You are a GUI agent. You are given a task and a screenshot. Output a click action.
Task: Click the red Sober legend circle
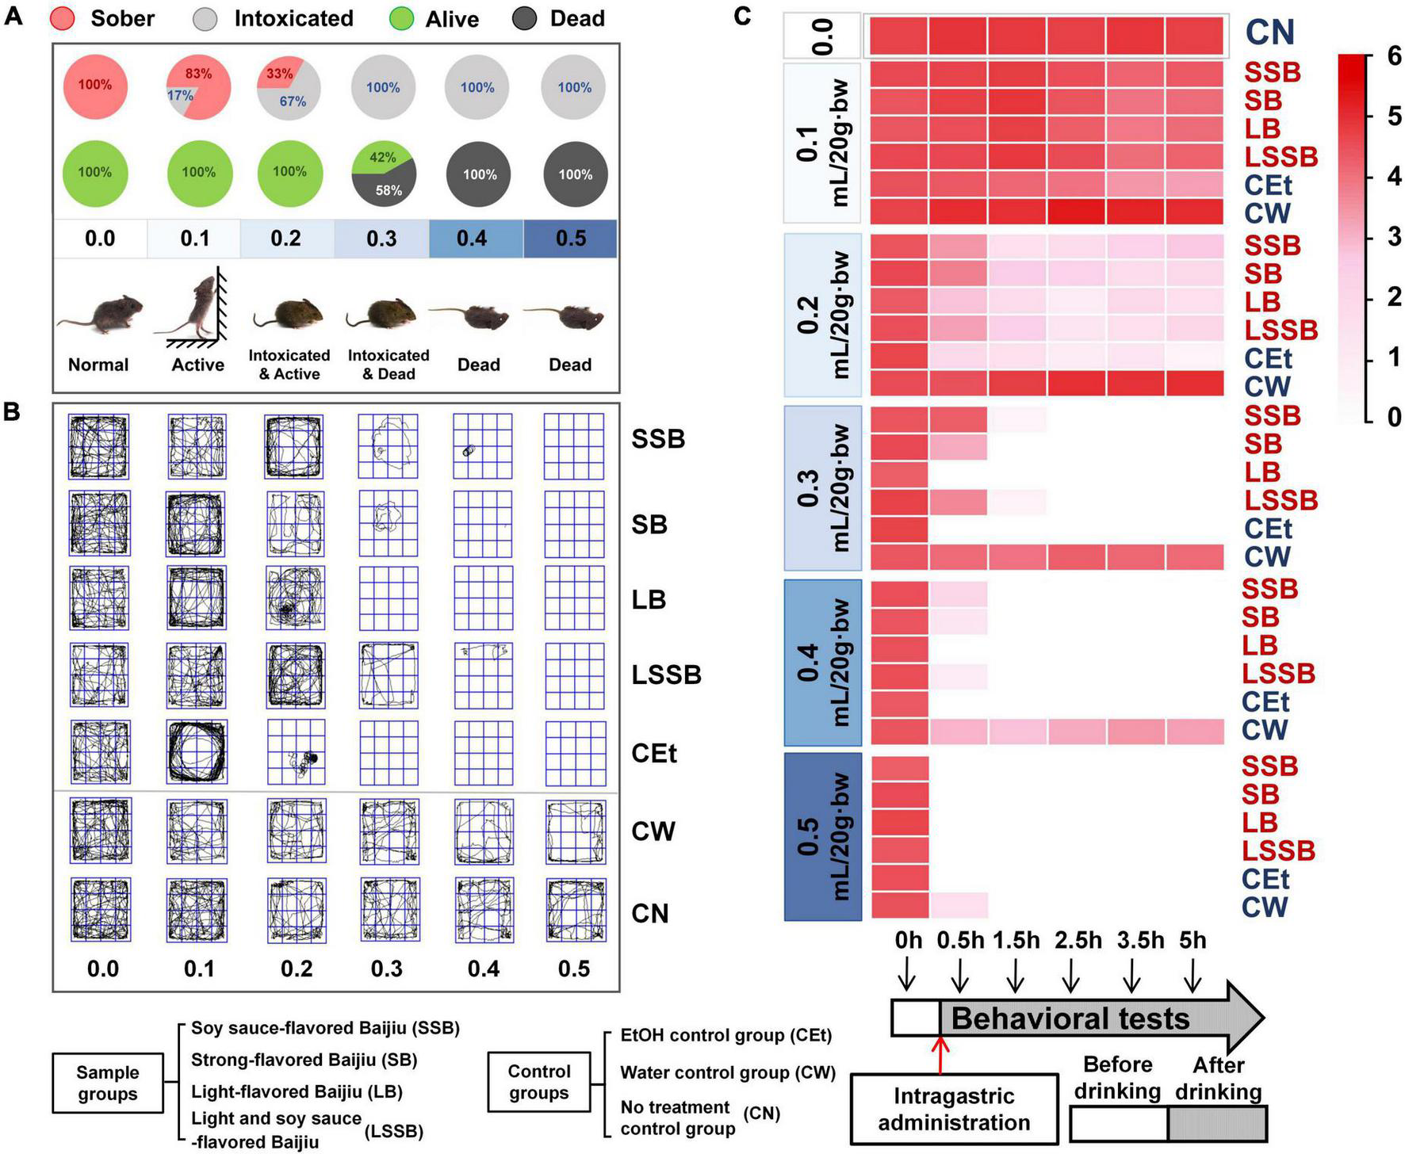tap(63, 18)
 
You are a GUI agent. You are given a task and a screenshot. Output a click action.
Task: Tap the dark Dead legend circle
tap(524, 18)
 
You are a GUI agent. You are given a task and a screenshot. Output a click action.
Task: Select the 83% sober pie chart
tap(198, 86)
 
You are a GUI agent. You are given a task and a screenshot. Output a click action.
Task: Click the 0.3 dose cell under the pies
tap(381, 239)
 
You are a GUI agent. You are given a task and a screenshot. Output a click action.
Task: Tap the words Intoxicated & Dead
tap(389, 365)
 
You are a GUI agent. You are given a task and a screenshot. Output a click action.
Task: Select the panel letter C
tap(742, 16)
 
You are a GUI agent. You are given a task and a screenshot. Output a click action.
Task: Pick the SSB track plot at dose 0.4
tap(483, 446)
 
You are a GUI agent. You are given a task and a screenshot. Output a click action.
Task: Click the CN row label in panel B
tap(650, 913)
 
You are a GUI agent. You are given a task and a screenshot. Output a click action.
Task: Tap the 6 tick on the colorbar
tap(1393, 55)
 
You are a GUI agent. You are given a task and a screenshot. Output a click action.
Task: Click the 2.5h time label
tap(1078, 940)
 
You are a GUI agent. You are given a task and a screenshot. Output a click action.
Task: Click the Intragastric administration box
tap(954, 1109)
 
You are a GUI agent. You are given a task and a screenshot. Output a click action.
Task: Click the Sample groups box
tap(108, 1083)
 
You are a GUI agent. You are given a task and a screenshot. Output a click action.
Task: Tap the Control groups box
tap(539, 1082)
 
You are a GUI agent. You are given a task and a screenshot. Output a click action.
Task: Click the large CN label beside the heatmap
tap(1269, 32)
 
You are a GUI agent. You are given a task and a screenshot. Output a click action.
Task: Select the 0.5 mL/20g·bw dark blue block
tap(822, 836)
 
